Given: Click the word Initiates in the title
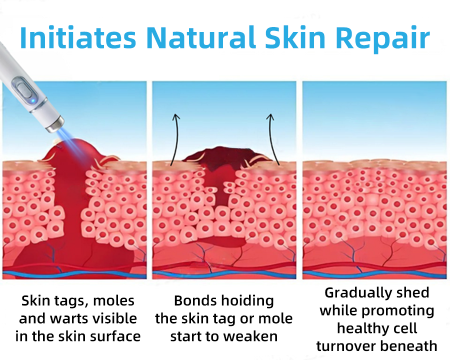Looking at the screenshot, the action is pos(78,37).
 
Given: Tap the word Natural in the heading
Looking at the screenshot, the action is pos(200,37).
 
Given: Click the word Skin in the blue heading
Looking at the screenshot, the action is pos(295,37).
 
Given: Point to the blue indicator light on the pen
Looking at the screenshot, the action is pos(33,100).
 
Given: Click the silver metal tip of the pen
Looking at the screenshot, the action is pos(54,124).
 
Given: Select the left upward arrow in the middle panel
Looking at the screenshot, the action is pos(175,139).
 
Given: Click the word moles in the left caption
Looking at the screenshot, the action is pos(113,301).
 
